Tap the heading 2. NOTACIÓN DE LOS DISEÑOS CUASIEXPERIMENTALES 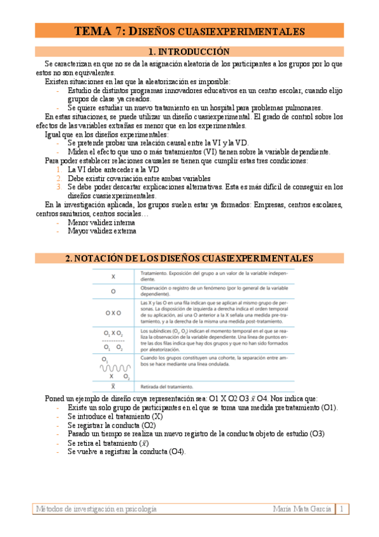click(x=189, y=258)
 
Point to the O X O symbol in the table click(x=113, y=313)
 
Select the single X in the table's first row click(x=113, y=277)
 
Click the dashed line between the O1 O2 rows click(x=113, y=340)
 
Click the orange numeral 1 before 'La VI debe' click(x=59, y=170)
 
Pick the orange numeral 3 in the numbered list click(x=59, y=187)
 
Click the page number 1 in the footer click(x=342, y=509)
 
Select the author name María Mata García click(x=302, y=509)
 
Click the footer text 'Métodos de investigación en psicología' click(x=97, y=509)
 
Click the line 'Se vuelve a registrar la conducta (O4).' click(x=127, y=452)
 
